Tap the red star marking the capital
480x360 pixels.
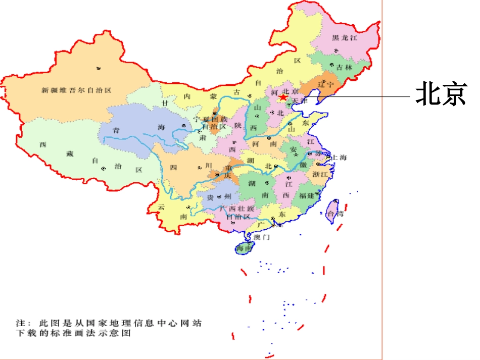(284, 96)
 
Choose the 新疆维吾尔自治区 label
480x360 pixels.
(76, 90)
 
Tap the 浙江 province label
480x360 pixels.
(320, 174)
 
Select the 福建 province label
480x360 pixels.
(306, 195)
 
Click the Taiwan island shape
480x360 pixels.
(332, 211)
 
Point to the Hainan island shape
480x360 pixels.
(244, 248)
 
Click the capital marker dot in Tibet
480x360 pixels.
(103, 168)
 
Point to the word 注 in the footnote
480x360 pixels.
(20, 323)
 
